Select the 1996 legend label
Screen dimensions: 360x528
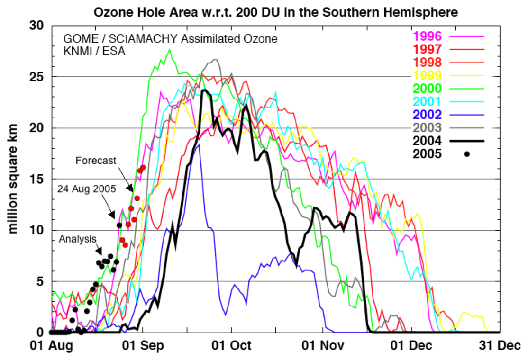tap(428, 36)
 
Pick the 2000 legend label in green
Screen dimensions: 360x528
tap(428, 88)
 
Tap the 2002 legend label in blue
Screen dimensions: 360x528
tap(428, 114)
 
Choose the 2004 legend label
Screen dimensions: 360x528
tap(428, 141)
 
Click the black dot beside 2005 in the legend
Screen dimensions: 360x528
tap(467, 154)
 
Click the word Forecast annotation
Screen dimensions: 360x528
tap(96, 161)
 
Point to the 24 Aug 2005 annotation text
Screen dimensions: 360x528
tap(87, 189)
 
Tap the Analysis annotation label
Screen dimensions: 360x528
tap(78, 239)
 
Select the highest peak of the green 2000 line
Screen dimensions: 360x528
tap(169, 50)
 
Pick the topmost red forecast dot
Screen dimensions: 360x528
tap(143, 167)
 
